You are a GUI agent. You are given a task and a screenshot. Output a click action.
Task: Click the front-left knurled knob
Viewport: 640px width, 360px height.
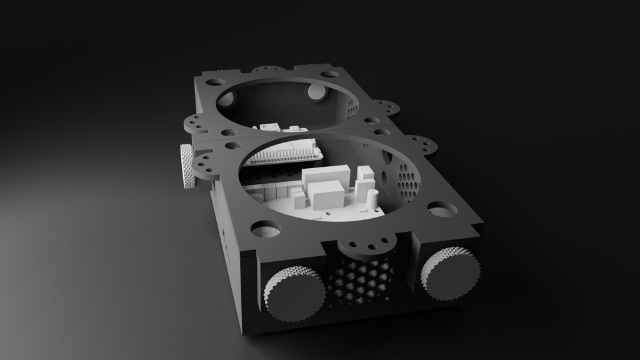(292, 292)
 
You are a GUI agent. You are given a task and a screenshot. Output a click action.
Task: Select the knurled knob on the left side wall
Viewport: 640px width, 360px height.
(187, 166)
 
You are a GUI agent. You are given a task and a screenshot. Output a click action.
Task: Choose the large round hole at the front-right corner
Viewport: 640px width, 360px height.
(442, 209)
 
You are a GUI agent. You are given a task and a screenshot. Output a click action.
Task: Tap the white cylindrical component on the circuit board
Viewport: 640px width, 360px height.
(372, 199)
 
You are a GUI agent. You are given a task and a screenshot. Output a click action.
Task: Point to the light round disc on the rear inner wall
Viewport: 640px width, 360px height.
(317, 92)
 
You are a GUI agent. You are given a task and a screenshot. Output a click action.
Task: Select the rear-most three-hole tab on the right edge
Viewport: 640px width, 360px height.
(388, 107)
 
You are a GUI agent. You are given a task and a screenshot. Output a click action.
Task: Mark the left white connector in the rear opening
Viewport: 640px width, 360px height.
(268, 127)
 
